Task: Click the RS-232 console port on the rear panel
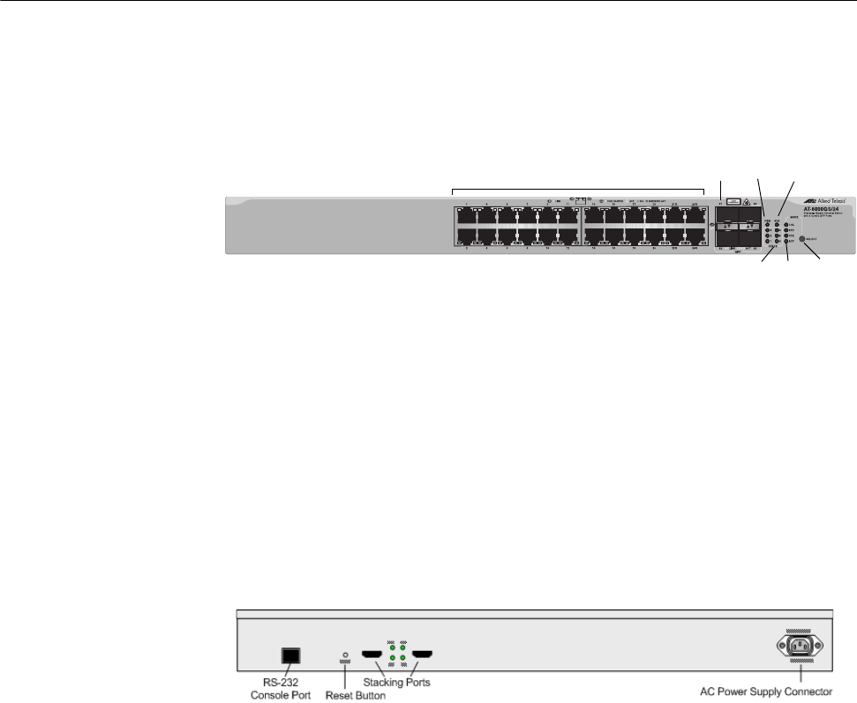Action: pyautogui.click(x=290, y=655)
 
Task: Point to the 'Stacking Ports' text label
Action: pyautogui.click(x=398, y=682)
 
